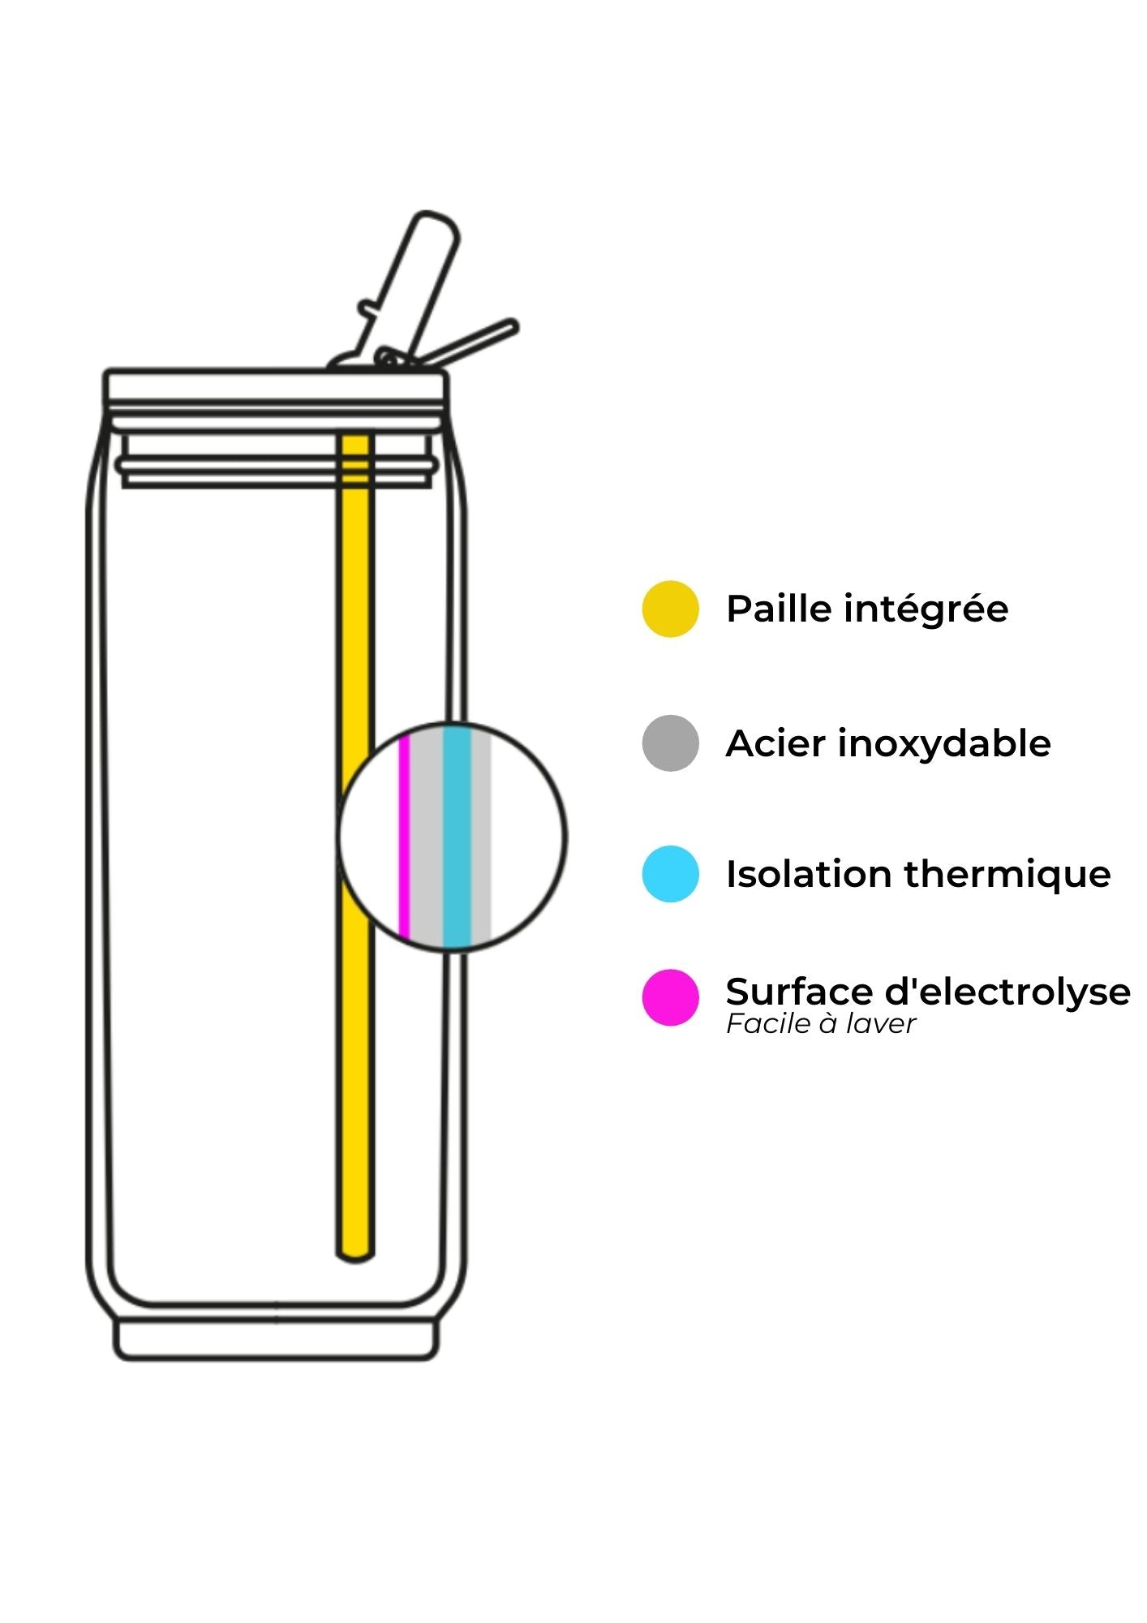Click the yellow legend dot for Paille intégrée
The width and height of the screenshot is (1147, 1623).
(670, 609)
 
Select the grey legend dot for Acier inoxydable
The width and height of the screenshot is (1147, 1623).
(670, 743)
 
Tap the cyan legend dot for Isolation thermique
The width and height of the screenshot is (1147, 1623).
(670, 874)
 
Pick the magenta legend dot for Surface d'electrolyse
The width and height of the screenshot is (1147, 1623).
(670, 997)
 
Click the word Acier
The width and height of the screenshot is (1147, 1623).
(775, 743)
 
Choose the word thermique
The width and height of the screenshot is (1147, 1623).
(1007, 875)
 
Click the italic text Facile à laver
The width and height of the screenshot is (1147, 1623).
(820, 1024)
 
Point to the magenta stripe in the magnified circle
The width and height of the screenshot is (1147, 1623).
(403, 836)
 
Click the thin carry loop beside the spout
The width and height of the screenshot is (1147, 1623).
(475, 341)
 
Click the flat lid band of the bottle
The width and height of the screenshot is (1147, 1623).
(274, 388)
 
